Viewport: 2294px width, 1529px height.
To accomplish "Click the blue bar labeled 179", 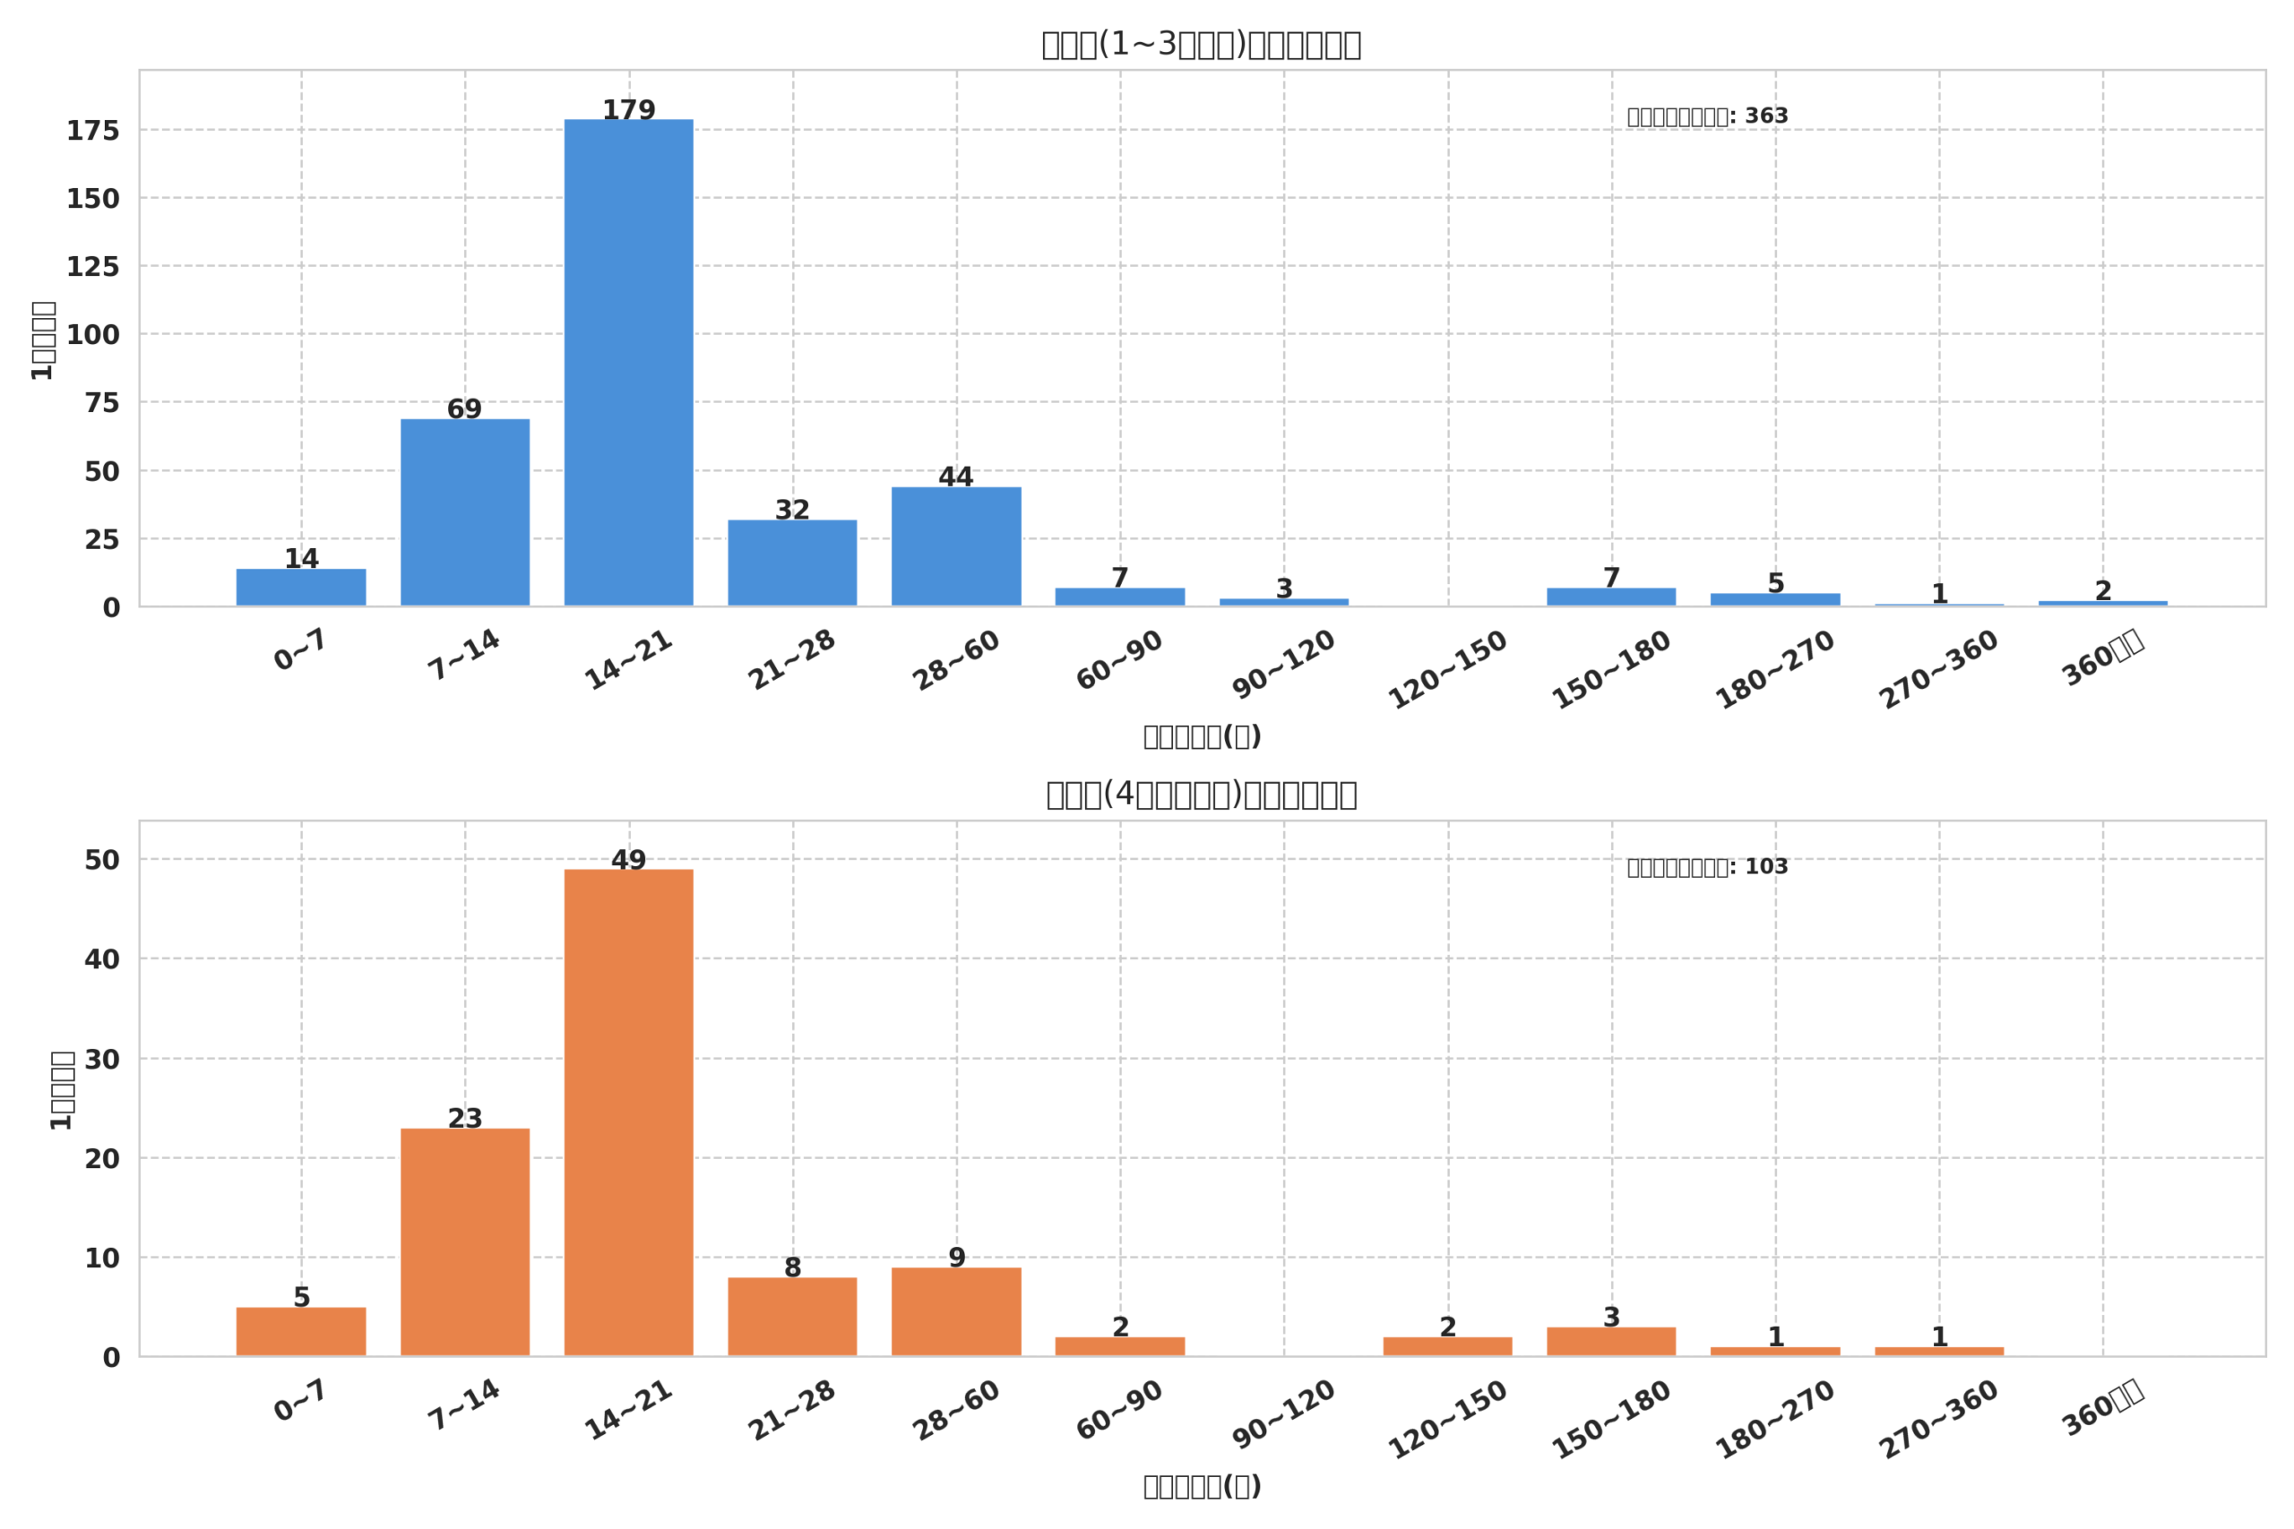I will [628, 362].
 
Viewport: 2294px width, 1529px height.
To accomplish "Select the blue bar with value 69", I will [464, 512].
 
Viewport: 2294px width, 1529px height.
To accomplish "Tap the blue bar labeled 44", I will [956, 546].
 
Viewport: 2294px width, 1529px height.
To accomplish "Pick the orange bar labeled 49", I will [628, 1112].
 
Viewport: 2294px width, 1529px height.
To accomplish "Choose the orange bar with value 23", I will [464, 1241].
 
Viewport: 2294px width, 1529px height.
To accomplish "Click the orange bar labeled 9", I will [956, 1311].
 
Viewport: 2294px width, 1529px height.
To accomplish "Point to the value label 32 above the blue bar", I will [792, 510].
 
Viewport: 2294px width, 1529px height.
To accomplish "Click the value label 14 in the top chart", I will [301, 559].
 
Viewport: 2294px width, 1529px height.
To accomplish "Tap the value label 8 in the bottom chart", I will [792, 1267].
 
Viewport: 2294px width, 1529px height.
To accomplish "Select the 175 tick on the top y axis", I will [92, 131].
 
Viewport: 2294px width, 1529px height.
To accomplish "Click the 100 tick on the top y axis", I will [92, 335].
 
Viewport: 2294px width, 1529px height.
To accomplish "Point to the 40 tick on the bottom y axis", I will [101, 959].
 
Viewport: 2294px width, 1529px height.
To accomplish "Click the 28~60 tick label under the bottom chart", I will [956, 1411].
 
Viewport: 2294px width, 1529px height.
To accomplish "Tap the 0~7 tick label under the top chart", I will [300, 649].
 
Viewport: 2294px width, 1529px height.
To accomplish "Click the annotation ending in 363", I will [1707, 116].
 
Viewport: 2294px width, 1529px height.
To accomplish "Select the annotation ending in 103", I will [1707, 867].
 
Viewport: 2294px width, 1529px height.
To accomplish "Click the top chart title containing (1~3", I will [1201, 45].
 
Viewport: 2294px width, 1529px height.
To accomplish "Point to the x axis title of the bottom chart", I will [1202, 1486].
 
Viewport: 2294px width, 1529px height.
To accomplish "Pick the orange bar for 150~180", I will [1611, 1341].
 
